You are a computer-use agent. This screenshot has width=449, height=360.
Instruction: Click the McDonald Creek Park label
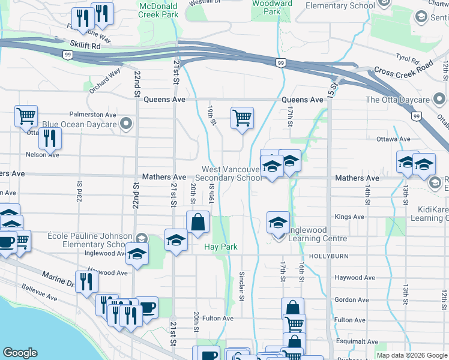pyautogui.click(x=158, y=9)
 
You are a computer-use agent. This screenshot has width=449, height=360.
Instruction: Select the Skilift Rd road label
pyautogui.click(x=85, y=46)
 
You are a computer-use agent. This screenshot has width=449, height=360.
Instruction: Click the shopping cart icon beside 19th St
pyautogui.click(x=241, y=118)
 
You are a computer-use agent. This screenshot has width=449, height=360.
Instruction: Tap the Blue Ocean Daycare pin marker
pyautogui.click(x=126, y=124)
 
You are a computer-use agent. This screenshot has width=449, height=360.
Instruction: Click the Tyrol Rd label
pyautogui.click(x=407, y=59)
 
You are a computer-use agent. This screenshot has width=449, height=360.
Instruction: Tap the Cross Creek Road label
pyautogui.click(x=403, y=70)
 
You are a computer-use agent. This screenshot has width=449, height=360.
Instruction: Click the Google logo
pyautogui.click(x=20, y=353)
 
